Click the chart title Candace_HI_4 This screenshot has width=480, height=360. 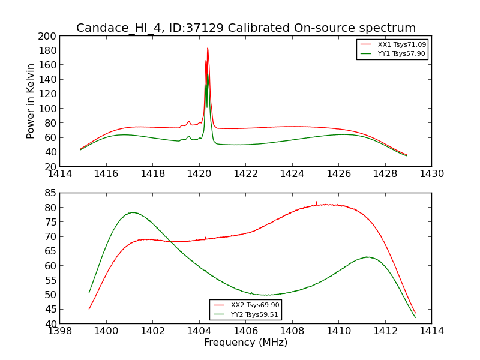246,28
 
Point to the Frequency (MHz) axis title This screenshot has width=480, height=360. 245,343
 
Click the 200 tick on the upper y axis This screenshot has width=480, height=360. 48,36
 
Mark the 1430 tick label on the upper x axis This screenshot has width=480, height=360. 431,174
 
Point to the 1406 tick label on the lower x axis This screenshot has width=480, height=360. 245,331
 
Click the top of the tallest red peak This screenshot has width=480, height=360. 208,48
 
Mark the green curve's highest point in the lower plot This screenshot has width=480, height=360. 132,212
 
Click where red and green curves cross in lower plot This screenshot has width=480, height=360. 170,241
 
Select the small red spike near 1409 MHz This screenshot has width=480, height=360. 316,202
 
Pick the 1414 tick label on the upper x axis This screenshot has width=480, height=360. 60,174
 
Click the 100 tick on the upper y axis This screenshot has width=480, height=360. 48,109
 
